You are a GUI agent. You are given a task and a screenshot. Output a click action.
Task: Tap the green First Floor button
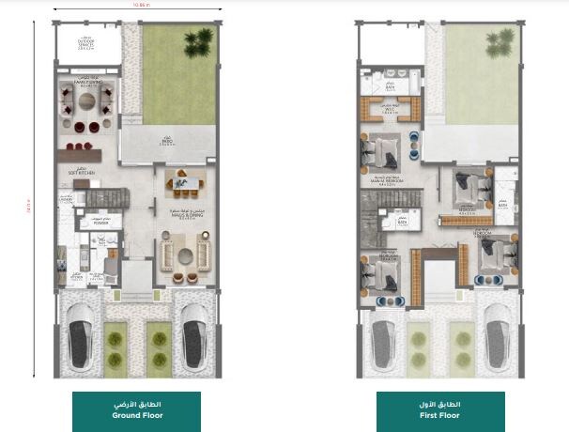440,411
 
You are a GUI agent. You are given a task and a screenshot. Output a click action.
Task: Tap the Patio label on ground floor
167,143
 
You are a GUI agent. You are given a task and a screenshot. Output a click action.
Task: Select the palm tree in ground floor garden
199,40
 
